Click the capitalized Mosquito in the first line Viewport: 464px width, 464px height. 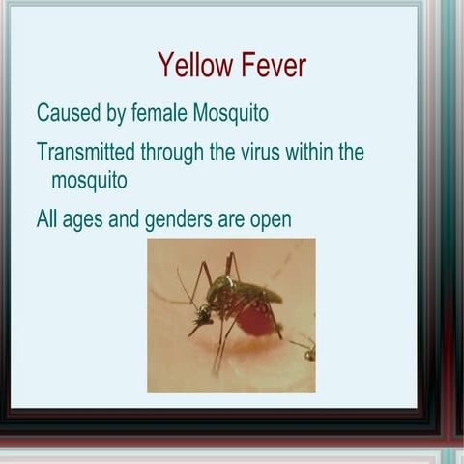pos(231,114)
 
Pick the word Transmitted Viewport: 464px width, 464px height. pos(85,152)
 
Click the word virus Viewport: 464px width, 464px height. pos(259,152)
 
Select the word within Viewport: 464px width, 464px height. pos(308,152)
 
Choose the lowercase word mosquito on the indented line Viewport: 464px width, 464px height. pos(89,180)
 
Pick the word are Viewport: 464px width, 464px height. pos(230,219)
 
